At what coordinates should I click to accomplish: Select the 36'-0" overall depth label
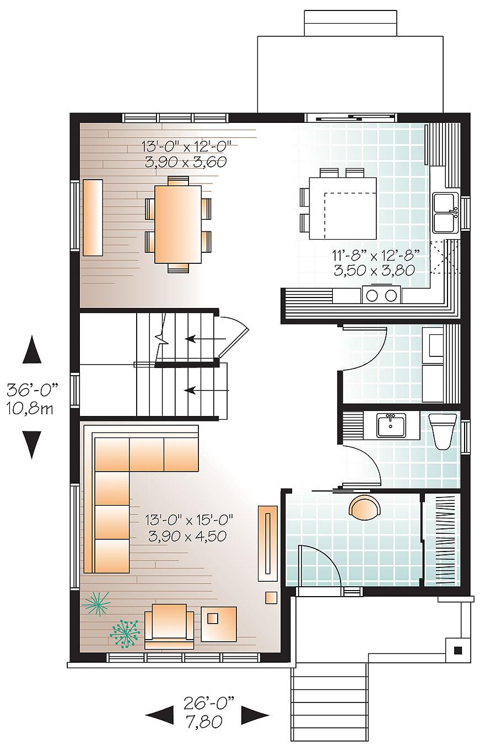click(x=33, y=390)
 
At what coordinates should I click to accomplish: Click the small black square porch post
click(x=457, y=650)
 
